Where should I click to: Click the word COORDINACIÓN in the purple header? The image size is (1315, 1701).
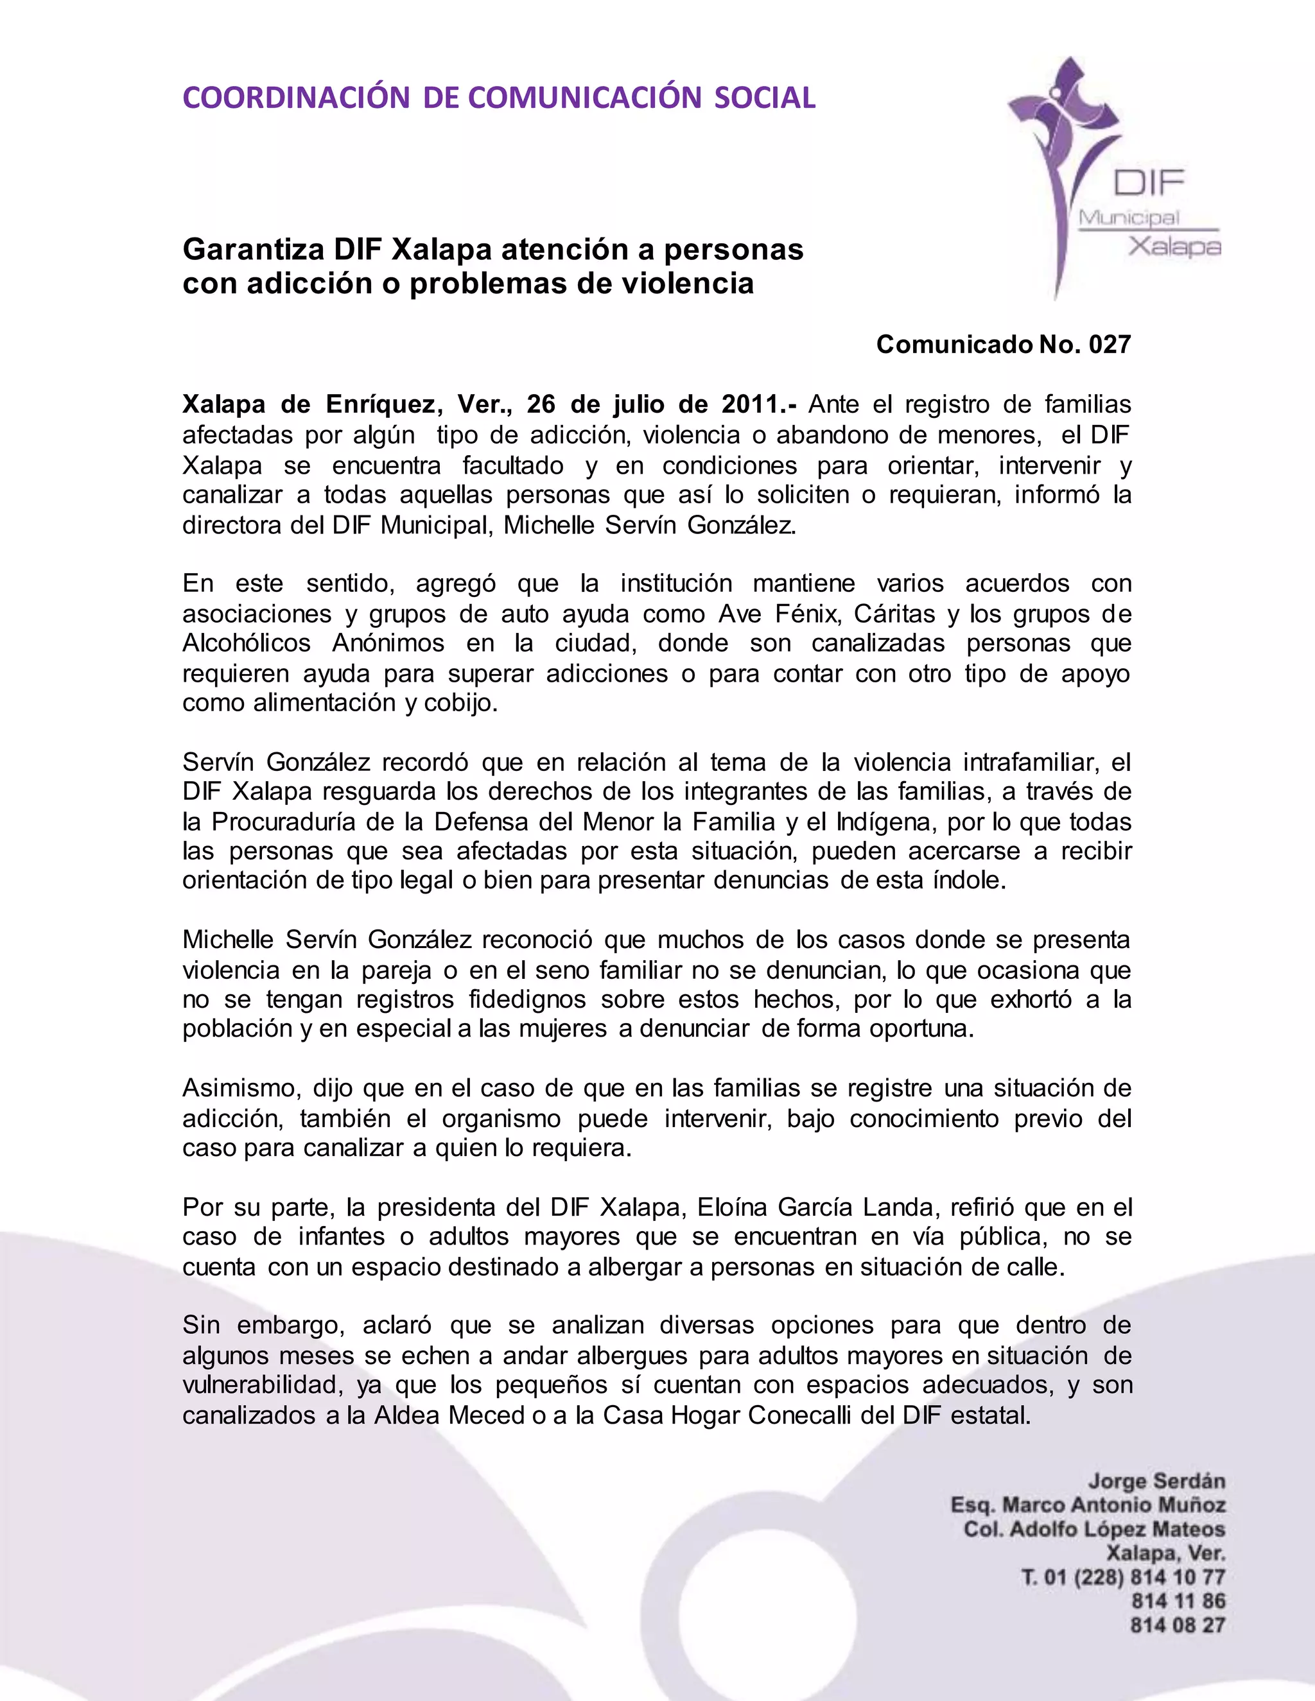pos(296,98)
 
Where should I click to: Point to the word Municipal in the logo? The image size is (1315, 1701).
pos(1128,218)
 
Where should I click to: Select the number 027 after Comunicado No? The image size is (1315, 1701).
pos(1110,344)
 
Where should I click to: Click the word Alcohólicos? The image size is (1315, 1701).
pos(246,643)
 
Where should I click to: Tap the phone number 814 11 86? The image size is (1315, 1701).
pos(1178,1602)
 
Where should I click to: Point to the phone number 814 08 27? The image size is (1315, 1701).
pos(1178,1625)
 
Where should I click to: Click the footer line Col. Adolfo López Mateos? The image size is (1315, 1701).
pos(1095,1530)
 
